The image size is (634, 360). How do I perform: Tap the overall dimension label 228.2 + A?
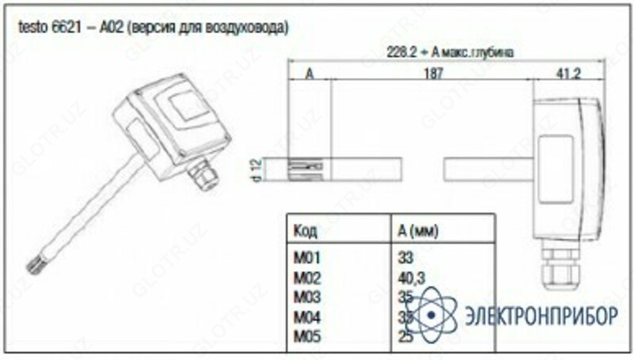(x=451, y=52)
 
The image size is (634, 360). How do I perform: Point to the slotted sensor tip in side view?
(x=304, y=168)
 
